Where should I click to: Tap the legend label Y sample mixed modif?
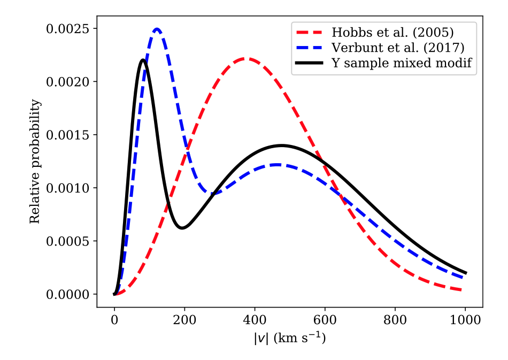[399, 63]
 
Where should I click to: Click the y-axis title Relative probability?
[35, 162]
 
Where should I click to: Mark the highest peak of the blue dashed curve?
[157, 29]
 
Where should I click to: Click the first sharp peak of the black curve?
[143, 60]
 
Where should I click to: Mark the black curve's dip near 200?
[182, 228]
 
